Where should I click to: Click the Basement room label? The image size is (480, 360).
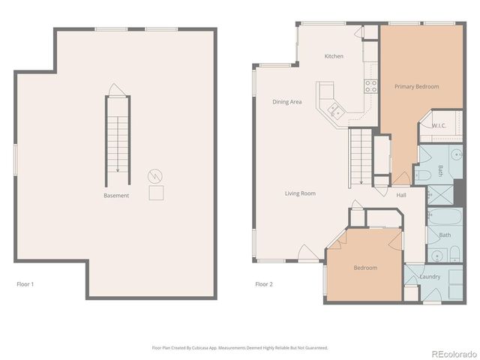tap(116, 196)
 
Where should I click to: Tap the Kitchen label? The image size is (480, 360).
tap(334, 56)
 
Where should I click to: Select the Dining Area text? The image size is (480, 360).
tap(286, 102)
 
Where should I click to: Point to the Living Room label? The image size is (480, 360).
tap(300, 193)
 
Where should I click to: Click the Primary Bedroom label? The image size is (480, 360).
tap(416, 87)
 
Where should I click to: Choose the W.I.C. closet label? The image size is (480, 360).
tap(439, 125)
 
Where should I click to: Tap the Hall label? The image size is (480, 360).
tap(401, 195)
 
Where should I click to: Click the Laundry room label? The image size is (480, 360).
tap(430, 277)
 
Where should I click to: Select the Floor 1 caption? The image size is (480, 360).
tap(25, 284)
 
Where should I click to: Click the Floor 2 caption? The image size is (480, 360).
tap(264, 284)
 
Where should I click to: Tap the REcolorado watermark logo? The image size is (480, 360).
tap(451, 352)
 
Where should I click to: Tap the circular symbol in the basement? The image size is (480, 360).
tap(156, 176)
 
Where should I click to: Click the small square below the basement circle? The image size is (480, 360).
tap(156, 193)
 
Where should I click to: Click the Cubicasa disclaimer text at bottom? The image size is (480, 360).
tap(240, 348)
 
